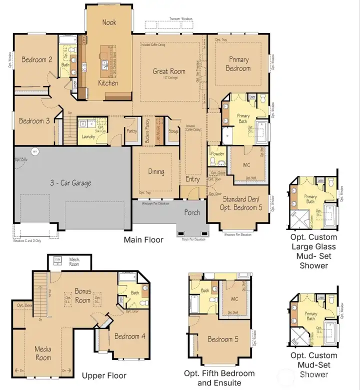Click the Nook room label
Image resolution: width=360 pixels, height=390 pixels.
(x=109, y=22)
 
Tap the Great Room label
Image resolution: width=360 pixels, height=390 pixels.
(x=169, y=71)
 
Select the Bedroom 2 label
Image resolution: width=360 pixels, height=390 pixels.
(x=37, y=60)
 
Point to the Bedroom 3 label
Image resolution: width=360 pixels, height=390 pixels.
(x=34, y=121)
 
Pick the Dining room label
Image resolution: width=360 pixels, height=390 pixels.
(x=156, y=171)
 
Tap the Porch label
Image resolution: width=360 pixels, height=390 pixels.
(x=192, y=212)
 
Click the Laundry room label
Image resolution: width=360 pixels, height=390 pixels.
(x=88, y=136)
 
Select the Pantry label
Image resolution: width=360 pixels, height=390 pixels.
(x=132, y=131)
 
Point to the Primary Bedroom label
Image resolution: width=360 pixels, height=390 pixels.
(x=238, y=64)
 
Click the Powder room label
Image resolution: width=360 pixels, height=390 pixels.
(x=218, y=154)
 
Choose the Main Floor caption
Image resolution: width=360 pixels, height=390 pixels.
(x=143, y=240)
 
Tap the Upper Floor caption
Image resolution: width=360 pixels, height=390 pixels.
(x=104, y=375)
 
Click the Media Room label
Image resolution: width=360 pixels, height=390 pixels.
(x=43, y=353)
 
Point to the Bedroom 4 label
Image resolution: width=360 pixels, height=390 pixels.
(x=129, y=336)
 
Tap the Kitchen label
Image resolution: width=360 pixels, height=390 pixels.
(x=107, y=82)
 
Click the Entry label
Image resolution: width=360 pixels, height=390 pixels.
(x=192, y=179)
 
